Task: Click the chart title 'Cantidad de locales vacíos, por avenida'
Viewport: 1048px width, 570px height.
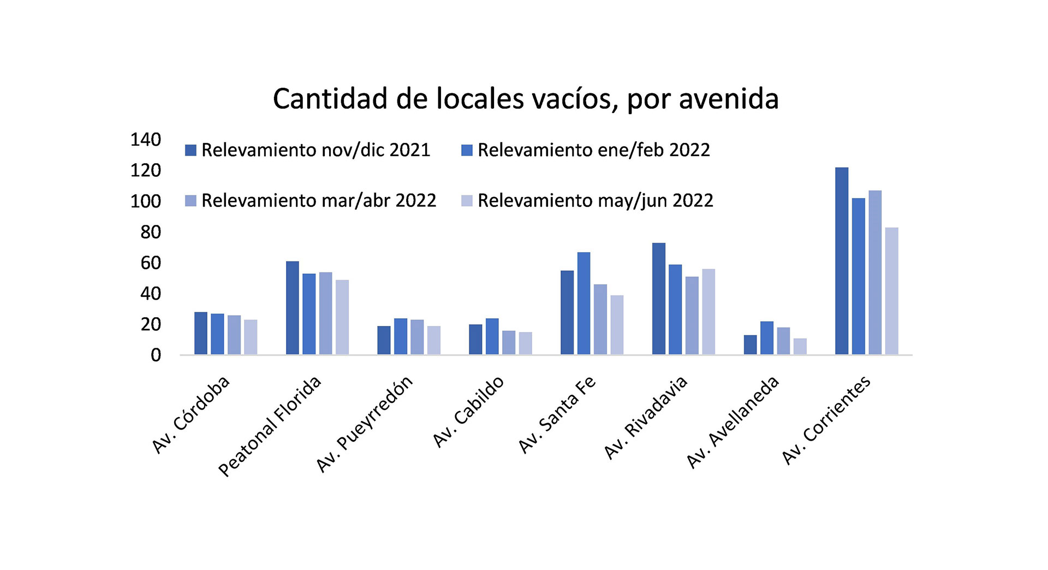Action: click(x=525, y=99)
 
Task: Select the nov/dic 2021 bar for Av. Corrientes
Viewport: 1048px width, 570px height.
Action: click(x=842, y=261)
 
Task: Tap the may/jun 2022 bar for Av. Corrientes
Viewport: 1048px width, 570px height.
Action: click(x=891, y=291)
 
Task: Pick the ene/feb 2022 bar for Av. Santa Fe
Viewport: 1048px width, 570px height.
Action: click(x=583, y=304)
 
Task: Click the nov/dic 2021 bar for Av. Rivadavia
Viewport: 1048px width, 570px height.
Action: click(x=659, y=299)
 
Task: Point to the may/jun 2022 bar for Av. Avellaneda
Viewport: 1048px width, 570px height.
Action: click(x=800, y=347)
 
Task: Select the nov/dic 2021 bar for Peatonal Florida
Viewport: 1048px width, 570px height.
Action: click(x=293, y=308)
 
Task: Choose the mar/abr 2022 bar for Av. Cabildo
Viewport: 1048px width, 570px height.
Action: click(x=508, y=343)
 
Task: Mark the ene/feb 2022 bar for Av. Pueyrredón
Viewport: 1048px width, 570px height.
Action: click(x=401, y=336)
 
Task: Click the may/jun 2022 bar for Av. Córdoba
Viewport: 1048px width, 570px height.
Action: click(x=251, y=337)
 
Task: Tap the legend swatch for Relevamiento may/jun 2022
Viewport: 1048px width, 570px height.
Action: click(x=467, y=201)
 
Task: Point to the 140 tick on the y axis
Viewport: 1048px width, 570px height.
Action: click(x=145, y=140)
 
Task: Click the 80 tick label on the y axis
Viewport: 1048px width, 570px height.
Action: click(x=150, y=232)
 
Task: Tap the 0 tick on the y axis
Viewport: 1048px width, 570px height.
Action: click(x=156, y=355)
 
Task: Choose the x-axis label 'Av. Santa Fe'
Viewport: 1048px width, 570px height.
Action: click(x=557, y=415)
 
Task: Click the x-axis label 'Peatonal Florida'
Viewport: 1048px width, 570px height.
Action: click(x=270, y=426)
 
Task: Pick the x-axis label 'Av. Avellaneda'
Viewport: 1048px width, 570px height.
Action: click(x=733, y=422)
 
